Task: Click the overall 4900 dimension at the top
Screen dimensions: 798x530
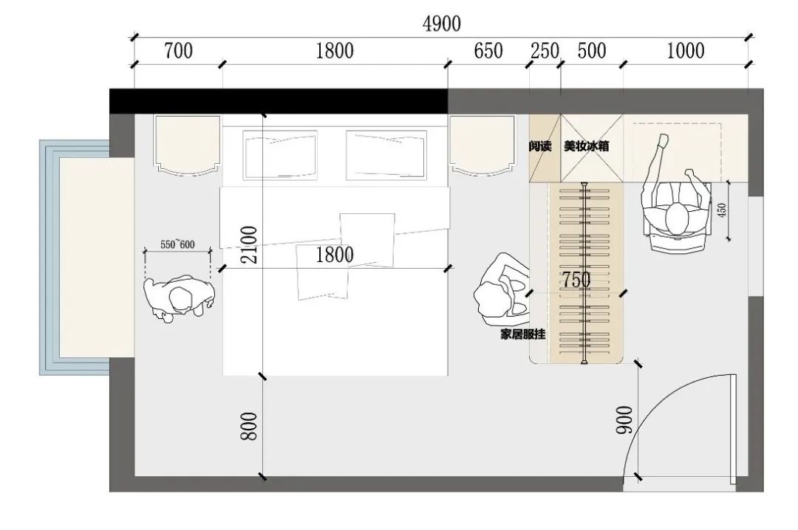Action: [442, 24]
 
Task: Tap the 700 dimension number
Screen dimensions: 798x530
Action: [178, 51]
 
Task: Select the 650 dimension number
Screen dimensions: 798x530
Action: [488, 51]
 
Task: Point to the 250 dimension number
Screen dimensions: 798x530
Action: [545, 51]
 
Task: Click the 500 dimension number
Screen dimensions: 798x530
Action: [592, 51]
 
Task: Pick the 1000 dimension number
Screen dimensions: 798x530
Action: [686, 51]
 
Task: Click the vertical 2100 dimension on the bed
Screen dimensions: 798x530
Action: [250, 244]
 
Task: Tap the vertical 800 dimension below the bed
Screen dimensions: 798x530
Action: [250, 426]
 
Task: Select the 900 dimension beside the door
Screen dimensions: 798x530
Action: [624, 420]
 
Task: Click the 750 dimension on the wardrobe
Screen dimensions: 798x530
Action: [576, 280]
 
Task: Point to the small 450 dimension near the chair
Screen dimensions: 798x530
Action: [722, 210]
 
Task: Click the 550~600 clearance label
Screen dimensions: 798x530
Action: [177, 244]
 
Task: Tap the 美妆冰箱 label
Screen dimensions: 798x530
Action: [586, 146]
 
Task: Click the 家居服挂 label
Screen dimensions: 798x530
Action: [523, 334]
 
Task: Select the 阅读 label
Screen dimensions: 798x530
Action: [540, 146]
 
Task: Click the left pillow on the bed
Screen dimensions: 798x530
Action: [281, 155]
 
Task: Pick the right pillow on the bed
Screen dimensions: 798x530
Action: [386, 155]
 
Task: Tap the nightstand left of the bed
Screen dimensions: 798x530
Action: [188, 145]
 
